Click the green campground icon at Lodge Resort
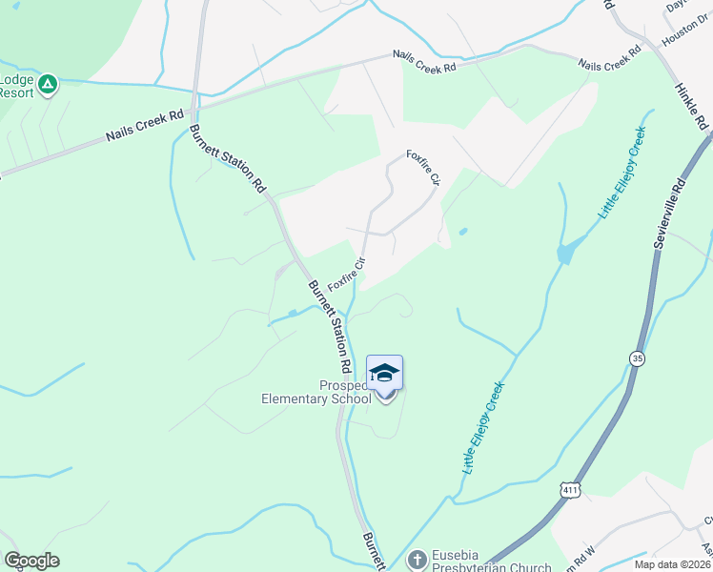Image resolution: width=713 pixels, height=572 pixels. coord(48,84)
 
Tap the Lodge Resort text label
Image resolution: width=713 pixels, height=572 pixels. coord(16,86)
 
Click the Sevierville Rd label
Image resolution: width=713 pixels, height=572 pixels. coord(670,214)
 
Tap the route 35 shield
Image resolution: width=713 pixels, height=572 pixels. coord(636,357)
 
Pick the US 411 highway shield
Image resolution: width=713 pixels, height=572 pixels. coord(570,489)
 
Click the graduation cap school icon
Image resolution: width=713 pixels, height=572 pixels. coord(384,373)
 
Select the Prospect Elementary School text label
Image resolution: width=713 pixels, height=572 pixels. coord(316,393)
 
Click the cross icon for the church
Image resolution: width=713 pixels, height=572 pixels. coord(416,560)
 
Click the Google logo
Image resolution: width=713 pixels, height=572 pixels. coord(31,561)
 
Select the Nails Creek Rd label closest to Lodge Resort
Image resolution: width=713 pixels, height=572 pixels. coord(144,125)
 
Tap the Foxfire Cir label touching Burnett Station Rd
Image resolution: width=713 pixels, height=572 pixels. coord(347,274)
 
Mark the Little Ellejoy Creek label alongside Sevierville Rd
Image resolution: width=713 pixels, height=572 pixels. coord(622,173)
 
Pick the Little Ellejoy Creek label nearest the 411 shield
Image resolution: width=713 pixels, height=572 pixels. coord(483,428)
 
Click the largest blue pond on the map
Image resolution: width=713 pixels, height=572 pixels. coord(565,254)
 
